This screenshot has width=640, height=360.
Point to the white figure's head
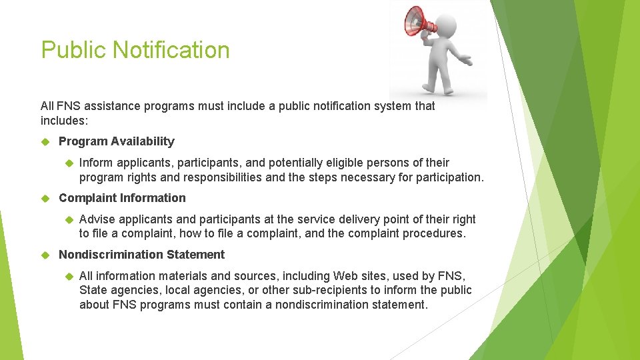click(x=446, y=26)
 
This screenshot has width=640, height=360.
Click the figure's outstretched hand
click(x=466, y=62)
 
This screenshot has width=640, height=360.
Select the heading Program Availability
click(x=116, y=141)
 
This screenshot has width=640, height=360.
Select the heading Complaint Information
click(x=122, y=198)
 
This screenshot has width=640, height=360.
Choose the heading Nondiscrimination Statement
click(x=141, y=255)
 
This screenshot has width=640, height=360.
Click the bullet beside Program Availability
click(x=46, y=141)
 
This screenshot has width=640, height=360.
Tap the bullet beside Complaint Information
click(x=46, y=198)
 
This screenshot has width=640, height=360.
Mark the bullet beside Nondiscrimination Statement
click(x=46, y=255)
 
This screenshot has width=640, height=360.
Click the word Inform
click(x=96, y=163)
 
